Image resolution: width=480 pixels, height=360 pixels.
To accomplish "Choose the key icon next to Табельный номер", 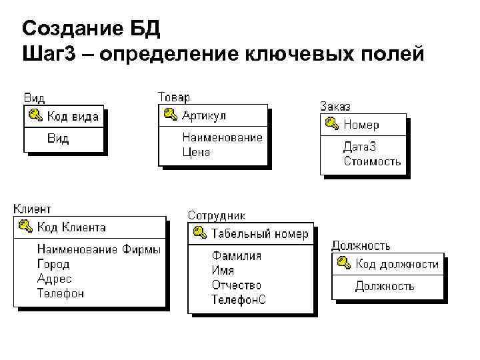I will coord(199,233).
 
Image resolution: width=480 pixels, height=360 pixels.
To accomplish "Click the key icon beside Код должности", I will coord(344,263).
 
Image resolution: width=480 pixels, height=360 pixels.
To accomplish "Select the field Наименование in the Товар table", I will coord(222,137).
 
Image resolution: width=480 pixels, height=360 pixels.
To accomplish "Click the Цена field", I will coord(196,152).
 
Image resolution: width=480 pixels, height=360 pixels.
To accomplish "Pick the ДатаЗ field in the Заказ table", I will coord(361,147).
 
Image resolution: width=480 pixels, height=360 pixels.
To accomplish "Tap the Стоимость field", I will coord(372,161).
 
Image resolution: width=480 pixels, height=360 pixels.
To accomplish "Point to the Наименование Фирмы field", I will coord(99,249).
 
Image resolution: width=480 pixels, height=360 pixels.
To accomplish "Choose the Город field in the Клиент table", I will coord(53,264).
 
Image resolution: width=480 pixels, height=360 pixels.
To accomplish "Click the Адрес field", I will coord(54,279).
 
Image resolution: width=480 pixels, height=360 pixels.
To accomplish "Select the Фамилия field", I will coord(237,255).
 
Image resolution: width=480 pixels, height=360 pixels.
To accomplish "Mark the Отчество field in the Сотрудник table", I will coord(236,285).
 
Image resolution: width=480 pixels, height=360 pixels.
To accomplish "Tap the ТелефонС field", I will coord(239,299).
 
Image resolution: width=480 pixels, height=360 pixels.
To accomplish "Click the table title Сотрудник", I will coord(216,215).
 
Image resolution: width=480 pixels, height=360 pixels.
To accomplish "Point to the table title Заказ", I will coord(335,106).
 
